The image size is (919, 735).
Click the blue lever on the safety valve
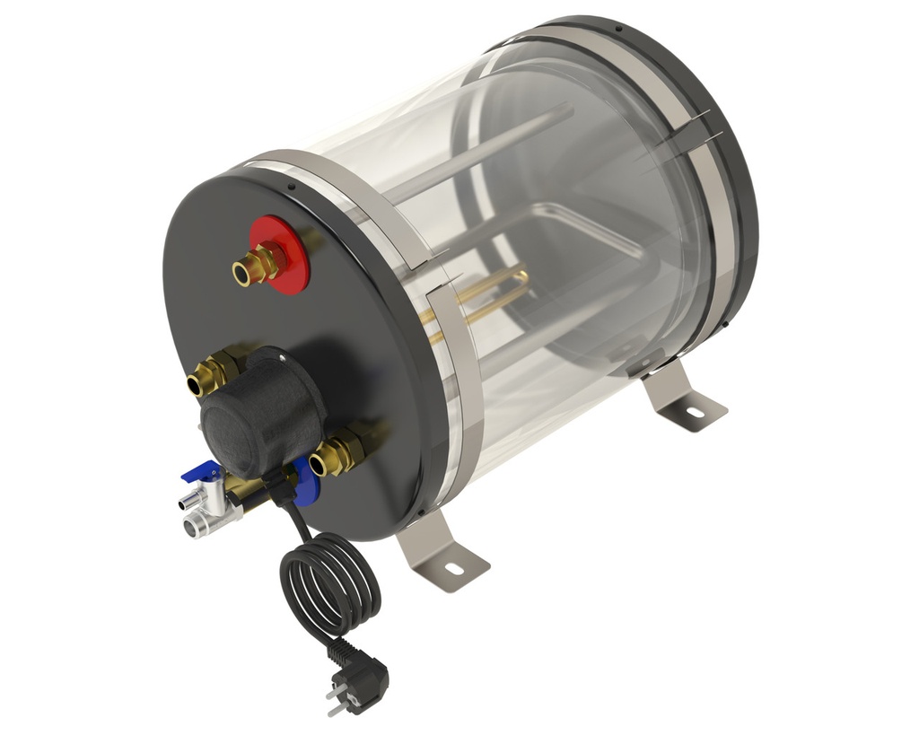pyautogui.click(x=199, y=471)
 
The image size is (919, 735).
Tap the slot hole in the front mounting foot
pyautogui.click(x=452, y=569)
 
